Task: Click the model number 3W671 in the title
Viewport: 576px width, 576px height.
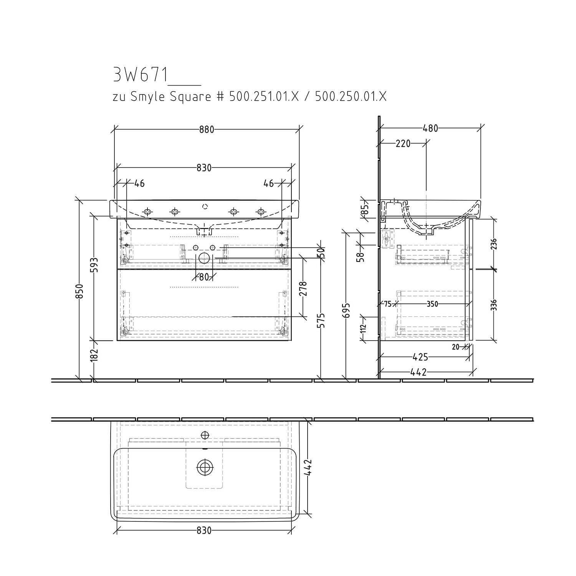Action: pyautogui.click(x=141, y=75)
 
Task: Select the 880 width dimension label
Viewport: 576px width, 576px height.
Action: pyautogui.click(x=207, y=130)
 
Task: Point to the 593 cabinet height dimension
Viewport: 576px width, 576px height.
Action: pyautogui.click(x=94, y=265)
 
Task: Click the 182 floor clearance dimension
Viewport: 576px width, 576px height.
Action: pyautogui.click(x=94, y=354)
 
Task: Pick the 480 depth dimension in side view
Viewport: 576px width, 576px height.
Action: pyautogui.click(x=430, y=128)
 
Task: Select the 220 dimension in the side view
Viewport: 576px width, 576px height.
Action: pyautogui.click(x=403, y=144)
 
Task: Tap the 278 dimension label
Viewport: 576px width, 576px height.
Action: pyautogui.click(x=303, y=289)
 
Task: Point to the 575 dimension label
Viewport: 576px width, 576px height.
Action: pyautogui.click(x=321, y=320)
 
